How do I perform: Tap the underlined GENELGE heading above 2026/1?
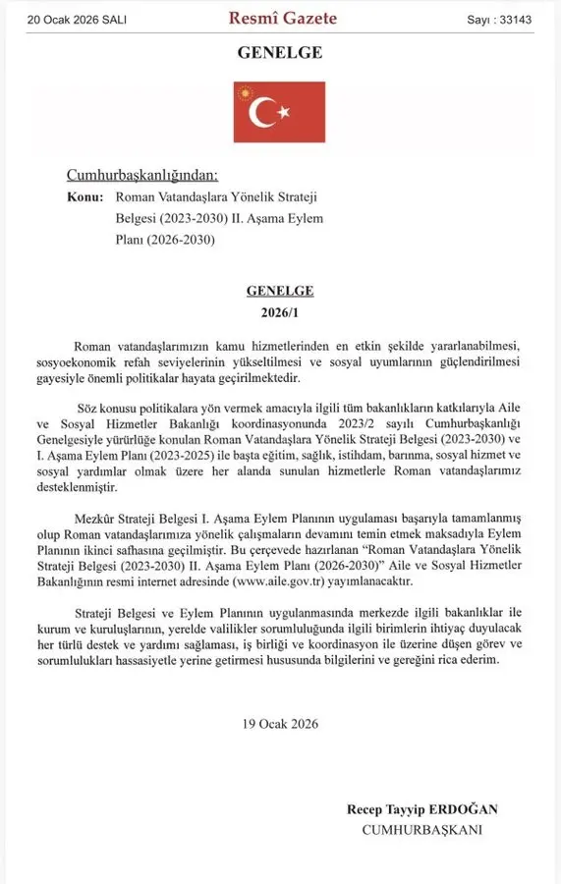pos(280,291)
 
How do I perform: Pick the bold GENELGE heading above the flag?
pos(280,53)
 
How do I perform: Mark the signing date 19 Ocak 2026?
pos(280,724)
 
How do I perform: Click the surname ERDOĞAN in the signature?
pos(464,809)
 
